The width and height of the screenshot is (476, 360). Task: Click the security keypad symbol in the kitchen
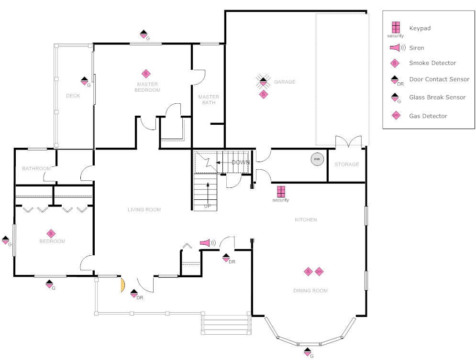coord(281,191)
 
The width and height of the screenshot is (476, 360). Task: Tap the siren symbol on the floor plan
coord(206,243)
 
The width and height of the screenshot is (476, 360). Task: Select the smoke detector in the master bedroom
coord(146,74)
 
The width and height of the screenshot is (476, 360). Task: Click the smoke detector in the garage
coord(263,94)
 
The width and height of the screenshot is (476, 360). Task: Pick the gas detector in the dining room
coord(319,272)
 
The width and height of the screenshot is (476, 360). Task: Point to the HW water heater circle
coord(316,159)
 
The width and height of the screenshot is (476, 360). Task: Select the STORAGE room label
coord(346,164)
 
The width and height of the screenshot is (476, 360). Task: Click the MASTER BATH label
coord(209,99)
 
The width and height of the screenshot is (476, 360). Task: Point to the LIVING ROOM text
coord(144,209)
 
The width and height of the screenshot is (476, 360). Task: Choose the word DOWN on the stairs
coord(241,163)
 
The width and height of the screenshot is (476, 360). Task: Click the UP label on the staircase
coord(207,207)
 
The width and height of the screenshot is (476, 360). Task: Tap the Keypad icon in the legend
coord(395,27)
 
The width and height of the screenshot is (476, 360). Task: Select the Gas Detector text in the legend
coord(428,116)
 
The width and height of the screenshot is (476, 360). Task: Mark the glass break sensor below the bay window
coord(309,352)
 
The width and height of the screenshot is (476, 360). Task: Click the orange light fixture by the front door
coord(122,285)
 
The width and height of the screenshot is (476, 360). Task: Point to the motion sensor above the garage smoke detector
coord(262,82)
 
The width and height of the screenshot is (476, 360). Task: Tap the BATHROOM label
coord(36,168)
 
